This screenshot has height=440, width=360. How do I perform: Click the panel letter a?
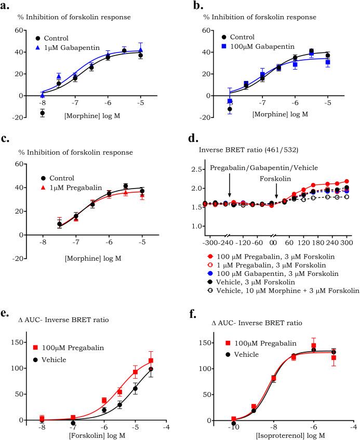point(7,6)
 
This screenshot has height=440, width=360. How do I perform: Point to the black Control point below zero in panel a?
point(43,113)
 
